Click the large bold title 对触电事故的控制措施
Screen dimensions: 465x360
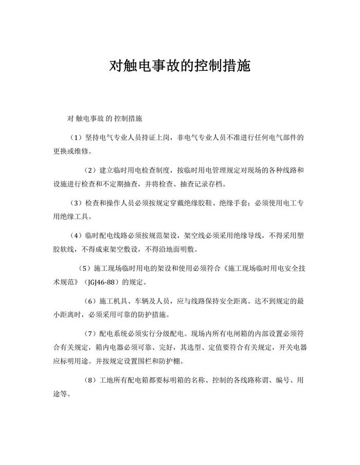[180, 66]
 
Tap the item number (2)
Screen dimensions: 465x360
[91, 170]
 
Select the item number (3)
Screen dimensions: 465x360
[76, 203]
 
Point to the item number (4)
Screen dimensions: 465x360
[76, 236]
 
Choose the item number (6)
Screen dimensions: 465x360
[91, 301]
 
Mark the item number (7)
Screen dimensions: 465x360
[91, 333]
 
